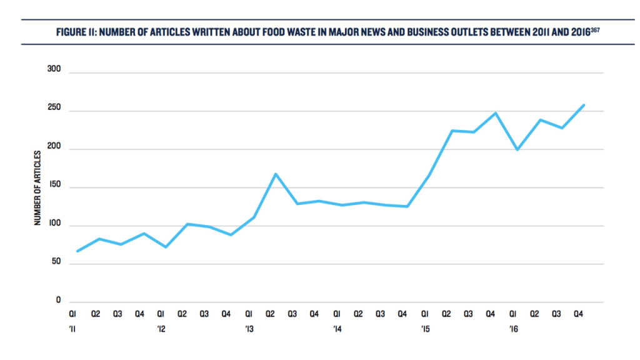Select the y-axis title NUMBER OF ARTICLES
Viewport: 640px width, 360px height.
coord(38,187)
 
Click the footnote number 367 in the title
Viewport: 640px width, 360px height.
coord(596,29)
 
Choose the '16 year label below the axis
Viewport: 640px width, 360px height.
coord(514,329)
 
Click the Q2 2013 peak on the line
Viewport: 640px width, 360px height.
coord(276,174)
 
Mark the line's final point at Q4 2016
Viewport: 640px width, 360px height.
coord(584,105)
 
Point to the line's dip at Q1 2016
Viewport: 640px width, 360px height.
coord(517,150)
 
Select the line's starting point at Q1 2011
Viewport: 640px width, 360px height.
coord(77,251)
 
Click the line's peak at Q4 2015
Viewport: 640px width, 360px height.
coord(496,113)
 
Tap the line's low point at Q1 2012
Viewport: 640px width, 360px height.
coord(165,247)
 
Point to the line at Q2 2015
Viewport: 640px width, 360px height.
coord(452,131)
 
